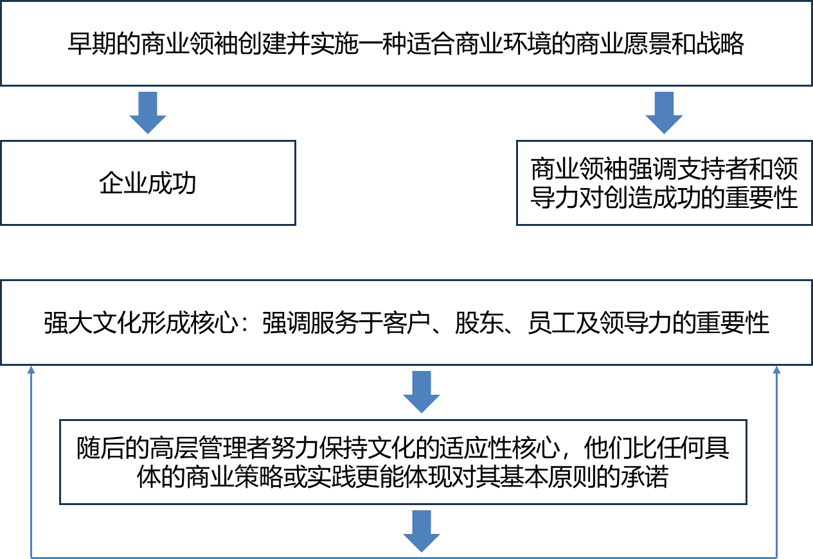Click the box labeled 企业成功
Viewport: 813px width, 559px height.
148,184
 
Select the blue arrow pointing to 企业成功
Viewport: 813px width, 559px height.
148,113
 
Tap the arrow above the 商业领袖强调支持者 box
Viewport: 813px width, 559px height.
664,113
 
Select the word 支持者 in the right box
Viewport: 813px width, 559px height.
704,169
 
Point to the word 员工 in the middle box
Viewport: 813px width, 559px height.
550,323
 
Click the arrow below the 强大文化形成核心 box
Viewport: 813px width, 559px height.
422,391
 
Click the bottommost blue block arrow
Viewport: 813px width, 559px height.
422,531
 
